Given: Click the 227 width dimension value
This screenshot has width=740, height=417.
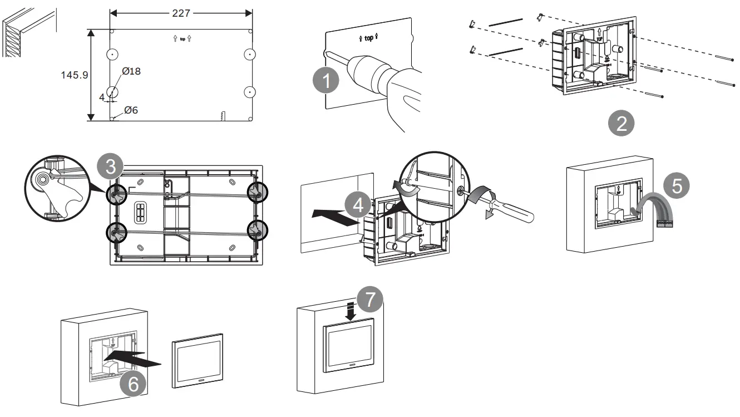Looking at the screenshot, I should click(x=181, y=13).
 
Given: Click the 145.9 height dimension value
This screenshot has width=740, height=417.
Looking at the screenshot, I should click(x=75, y=75).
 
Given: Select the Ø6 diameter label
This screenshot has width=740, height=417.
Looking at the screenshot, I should click(x=131, y=110).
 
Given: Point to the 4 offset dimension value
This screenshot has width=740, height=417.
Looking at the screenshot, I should click(x=102, y=97).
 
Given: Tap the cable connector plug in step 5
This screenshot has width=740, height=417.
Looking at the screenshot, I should click(x=665, y=224).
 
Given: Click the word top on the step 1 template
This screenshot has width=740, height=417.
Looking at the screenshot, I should click(x=369, y=38).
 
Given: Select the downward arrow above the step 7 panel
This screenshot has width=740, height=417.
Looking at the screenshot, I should click(x=351, y=312).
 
